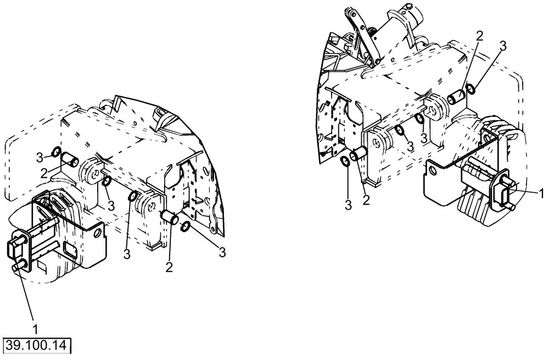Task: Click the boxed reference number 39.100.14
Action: click(38, 346)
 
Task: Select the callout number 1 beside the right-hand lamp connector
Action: click(541, 193)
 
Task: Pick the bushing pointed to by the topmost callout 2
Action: click(457, 99)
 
